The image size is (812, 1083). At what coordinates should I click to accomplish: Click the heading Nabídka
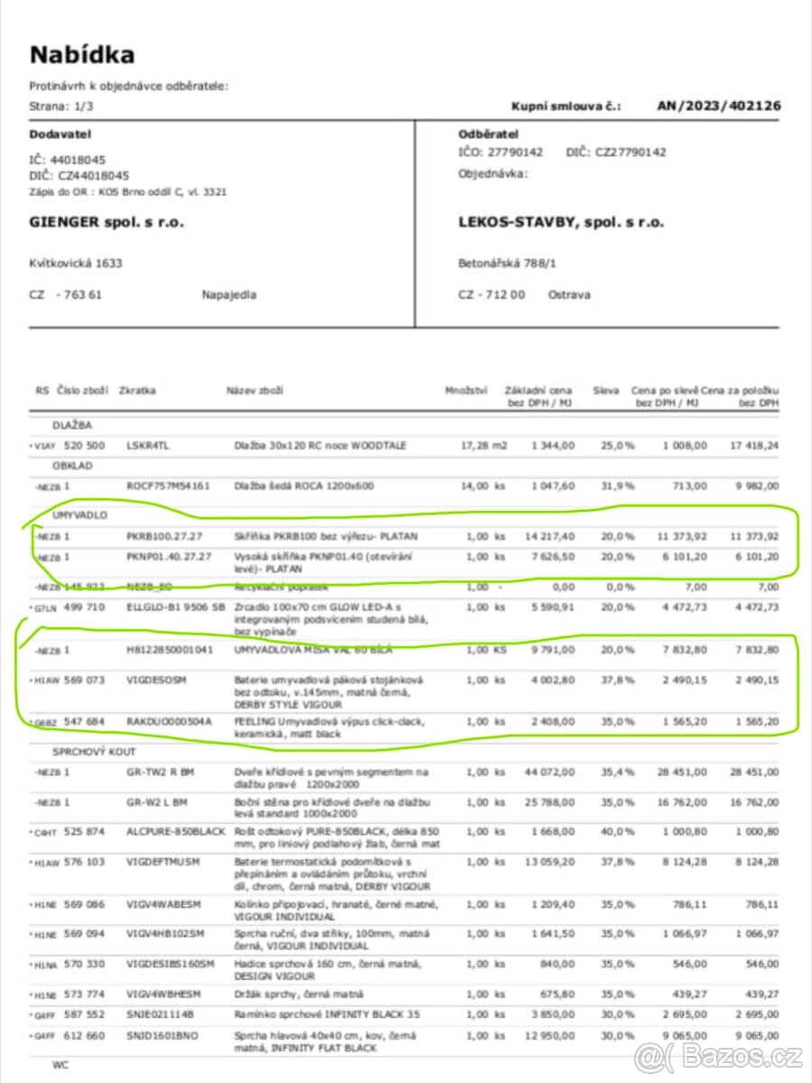pyautogui.click(x=82, y=55)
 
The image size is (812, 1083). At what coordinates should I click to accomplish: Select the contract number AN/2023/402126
pyautogui.click(x=719, y=106)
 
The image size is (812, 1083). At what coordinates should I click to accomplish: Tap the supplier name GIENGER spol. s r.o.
pyautogui.click(x=106, y=222)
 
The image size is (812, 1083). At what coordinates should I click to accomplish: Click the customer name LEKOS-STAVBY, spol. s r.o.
pyautogui.click(x=560, y=222)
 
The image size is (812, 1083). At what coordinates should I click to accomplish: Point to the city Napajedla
pyautogui.click(x=229, y=295)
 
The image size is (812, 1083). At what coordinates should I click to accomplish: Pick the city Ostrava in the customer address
pyautogui.click(x=569, y=295)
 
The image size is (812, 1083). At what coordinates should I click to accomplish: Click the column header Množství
pyautogui.click(x=466, y=390)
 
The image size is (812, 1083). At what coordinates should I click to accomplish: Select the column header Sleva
pyautogui.click(x=605, y=390)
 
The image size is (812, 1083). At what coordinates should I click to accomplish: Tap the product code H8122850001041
pyautogui.click(x=170, y=649)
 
